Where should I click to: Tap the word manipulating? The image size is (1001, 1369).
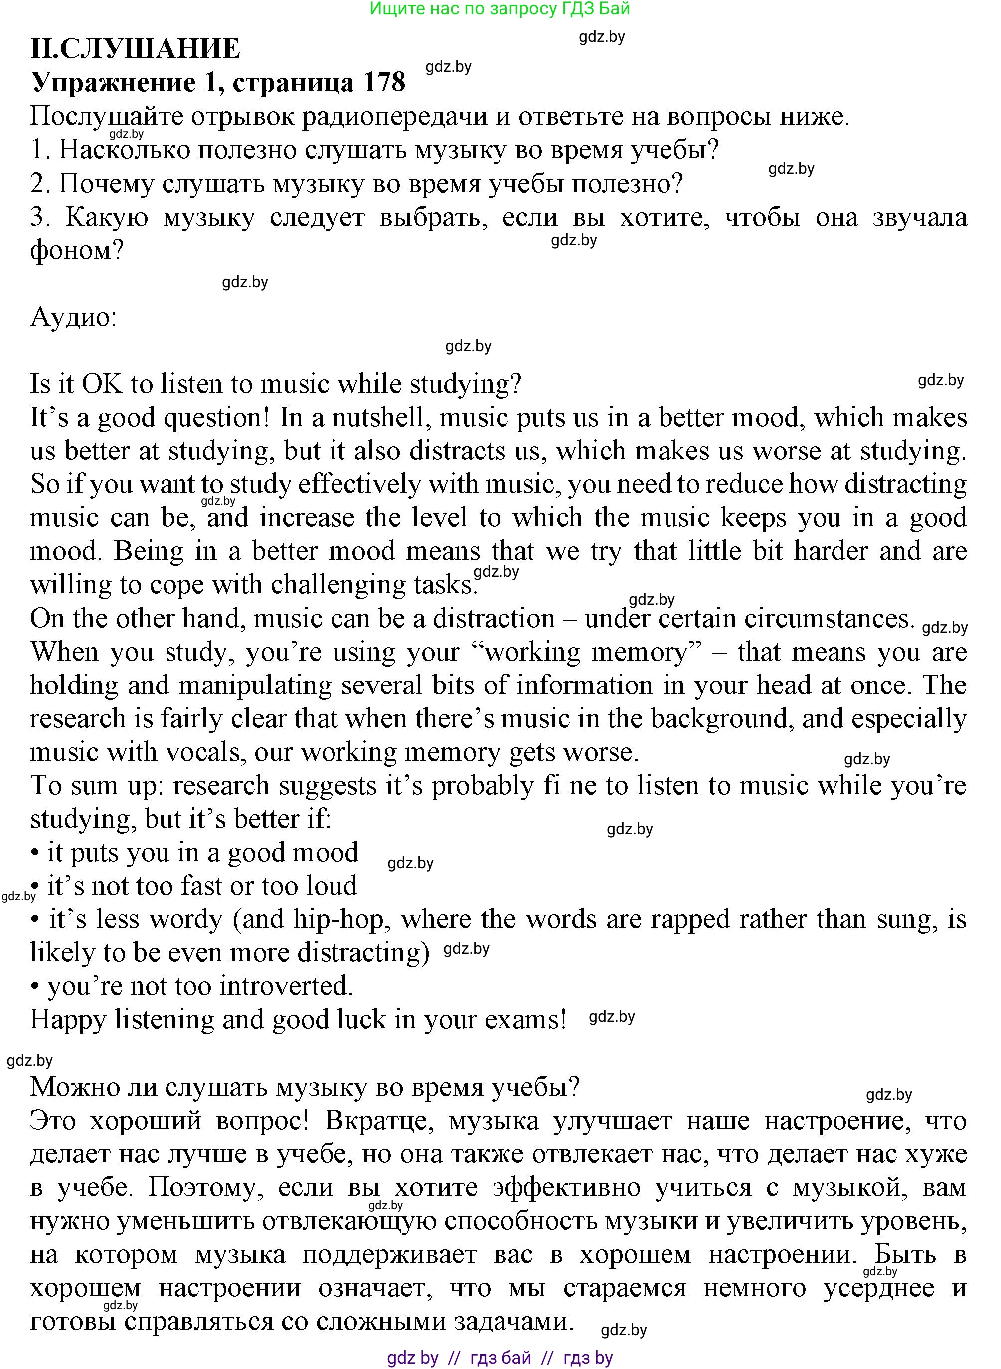point(255,685)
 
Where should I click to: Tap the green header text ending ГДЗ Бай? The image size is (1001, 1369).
point(500,8)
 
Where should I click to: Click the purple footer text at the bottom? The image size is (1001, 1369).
point(500,1358)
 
